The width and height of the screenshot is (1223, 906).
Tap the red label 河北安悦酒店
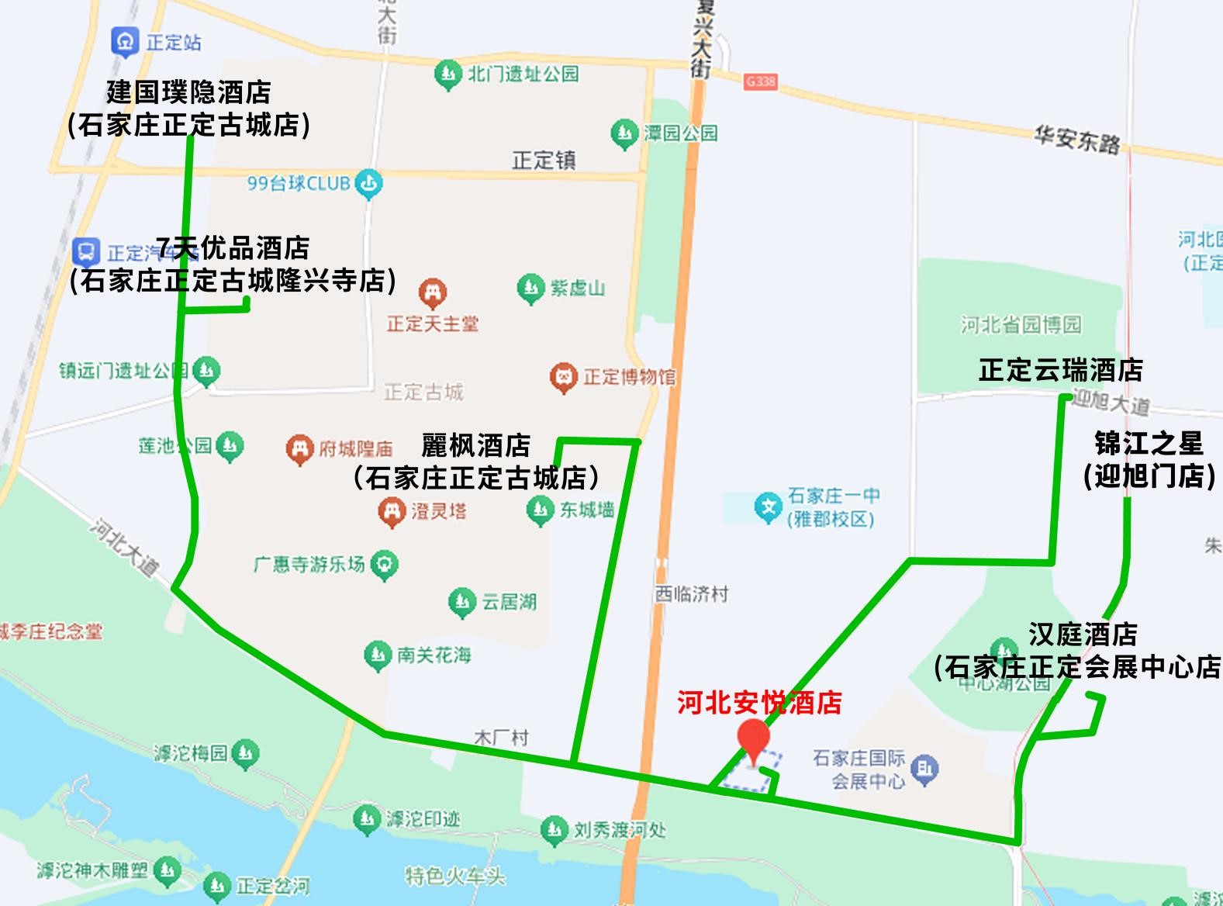[x=759, y=703]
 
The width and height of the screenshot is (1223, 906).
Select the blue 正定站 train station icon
[x=125, y=42]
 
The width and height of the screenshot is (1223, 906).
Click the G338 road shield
[x=759, y=81]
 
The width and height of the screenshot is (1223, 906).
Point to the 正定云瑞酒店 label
[x=1060, y=370]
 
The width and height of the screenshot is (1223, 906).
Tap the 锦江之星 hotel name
[x=1149, y=444]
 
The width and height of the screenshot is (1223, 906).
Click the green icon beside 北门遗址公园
[x=447, y=75]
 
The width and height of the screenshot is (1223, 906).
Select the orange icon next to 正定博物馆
[x=564, y=378]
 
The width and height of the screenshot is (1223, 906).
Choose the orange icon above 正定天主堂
[x=432, y=294]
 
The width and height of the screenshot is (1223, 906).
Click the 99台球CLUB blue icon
[x=368, y=185]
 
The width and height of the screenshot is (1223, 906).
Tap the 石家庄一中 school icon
[x=769, y=508]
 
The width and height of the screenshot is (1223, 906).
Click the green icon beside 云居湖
[x=462, y=602]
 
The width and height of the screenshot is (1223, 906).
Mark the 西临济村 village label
[x=692, y=594]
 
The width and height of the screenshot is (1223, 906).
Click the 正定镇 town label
[x=544, y=161]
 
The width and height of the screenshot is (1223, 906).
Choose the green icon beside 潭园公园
[x=624, y=134]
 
